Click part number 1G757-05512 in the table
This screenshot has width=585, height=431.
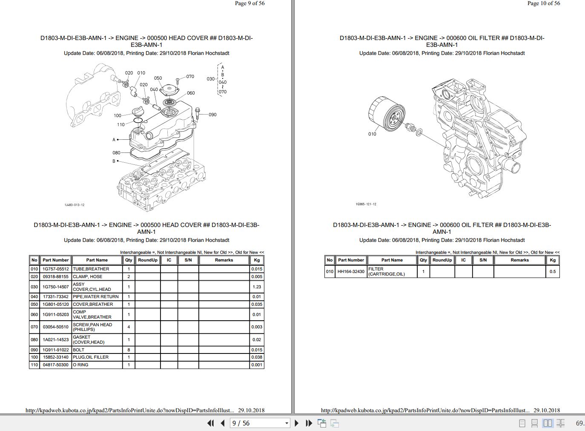[56, 269]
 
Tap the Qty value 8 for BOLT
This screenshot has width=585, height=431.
[129, 350]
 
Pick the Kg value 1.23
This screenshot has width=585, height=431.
[257, 287]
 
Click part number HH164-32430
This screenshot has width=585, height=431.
[351, 272]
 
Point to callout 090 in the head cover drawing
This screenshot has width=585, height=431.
[212, 115]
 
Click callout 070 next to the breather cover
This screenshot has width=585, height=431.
[190, 77]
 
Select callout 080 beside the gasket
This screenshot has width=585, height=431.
[116, 152]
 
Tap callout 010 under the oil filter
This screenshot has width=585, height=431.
[372, 134]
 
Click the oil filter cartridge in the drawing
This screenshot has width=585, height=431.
[386, 114]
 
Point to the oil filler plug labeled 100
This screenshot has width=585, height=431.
[138, 112]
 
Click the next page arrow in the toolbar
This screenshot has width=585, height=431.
[297, 423]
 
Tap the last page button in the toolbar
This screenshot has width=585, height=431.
[309, 423]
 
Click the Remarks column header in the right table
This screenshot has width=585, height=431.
[519, 260]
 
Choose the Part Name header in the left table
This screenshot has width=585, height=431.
[97, 260]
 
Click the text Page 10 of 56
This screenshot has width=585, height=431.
[544, 3]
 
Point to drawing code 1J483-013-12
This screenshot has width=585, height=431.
[75, 205]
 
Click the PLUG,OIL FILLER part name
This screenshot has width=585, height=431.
[91, 357]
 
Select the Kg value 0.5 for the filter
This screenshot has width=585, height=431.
[552, 272]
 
